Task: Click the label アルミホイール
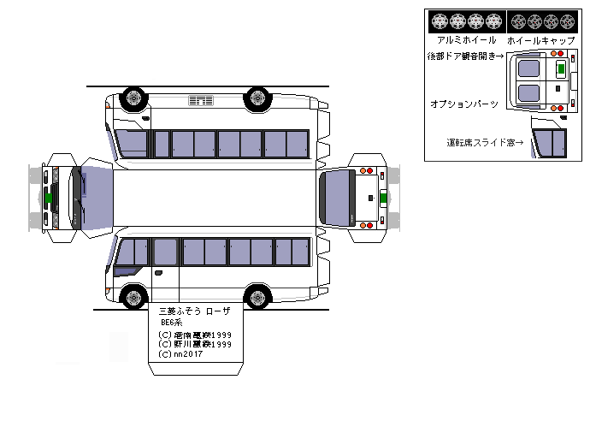(x=466, y=40)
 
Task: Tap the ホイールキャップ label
(x=540, y=40)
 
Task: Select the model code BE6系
(x=173, y=323)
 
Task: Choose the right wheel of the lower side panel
(x=257, y=298)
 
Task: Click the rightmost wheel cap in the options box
(x=569, y=21)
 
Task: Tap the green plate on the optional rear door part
(x=561, y=68)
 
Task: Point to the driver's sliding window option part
(x=549, y=140)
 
